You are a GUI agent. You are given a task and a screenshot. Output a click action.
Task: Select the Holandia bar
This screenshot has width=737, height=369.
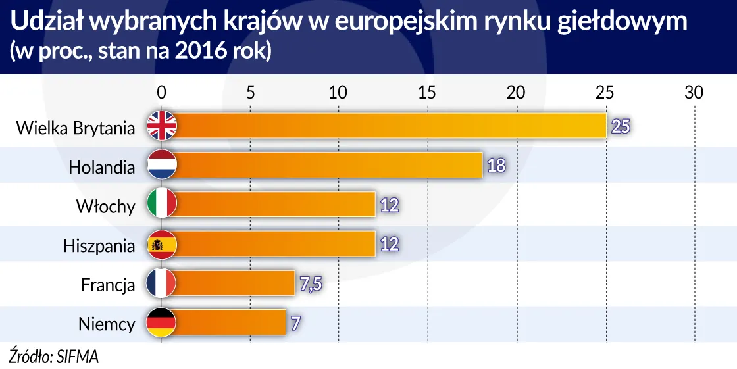(329, 165)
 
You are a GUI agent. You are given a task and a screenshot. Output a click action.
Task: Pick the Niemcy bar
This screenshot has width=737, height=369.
(231, 323)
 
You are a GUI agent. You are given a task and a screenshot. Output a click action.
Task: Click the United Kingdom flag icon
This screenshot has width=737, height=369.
(161, 126)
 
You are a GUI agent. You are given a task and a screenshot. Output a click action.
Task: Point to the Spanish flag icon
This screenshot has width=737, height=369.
(161, 245)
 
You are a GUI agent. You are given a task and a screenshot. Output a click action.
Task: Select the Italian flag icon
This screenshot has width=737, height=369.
(161, 205)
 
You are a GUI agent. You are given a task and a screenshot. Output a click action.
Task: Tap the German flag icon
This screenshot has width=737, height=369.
(161, 323)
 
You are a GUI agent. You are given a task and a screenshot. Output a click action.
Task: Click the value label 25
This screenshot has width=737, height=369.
(621, 126)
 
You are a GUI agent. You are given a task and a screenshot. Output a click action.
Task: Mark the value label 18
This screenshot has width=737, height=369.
(496, 166)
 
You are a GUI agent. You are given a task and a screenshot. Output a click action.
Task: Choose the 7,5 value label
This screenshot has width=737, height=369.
(309, 284)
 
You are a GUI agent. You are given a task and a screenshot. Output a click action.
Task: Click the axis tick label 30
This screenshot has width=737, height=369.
(694, 93)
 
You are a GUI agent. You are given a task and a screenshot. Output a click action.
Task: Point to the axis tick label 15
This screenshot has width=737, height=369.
(427, 93)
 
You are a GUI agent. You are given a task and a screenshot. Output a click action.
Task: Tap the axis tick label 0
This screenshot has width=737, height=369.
(161, 93)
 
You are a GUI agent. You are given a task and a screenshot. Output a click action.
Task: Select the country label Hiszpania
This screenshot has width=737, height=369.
(99, 246)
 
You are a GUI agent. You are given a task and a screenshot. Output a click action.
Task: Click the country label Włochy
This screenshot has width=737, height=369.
(105, 207)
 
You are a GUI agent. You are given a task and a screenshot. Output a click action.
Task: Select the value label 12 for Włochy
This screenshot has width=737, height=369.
(390, 205)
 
